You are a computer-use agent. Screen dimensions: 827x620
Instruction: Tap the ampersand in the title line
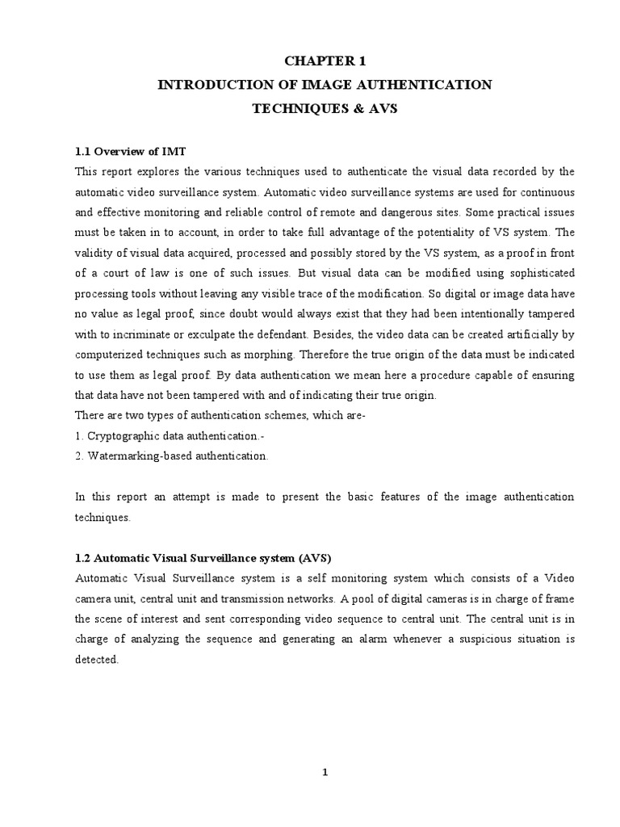coord(342,107)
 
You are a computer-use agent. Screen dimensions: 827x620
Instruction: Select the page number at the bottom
coord(325,772)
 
